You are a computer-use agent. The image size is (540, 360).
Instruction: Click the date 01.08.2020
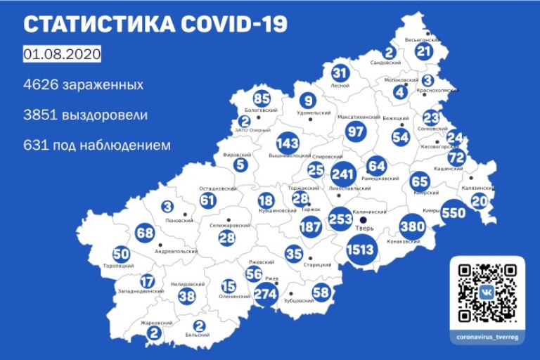click(x=62, y=54)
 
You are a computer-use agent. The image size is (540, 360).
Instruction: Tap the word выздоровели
click(x=108, y=115)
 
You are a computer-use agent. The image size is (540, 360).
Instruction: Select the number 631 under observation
click(x=37, y=146)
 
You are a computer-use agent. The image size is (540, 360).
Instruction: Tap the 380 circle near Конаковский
click(x=412, y=226)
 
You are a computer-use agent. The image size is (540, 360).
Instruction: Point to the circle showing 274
click(x=266, y=294)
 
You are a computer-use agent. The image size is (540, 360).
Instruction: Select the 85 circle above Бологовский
click(x=262, y=99)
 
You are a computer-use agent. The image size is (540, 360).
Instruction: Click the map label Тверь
click(x=364, y=229)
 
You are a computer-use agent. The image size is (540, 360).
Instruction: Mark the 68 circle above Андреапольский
click(x=145, y=233)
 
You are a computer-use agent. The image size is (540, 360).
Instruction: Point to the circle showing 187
click(x=310, y=226)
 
